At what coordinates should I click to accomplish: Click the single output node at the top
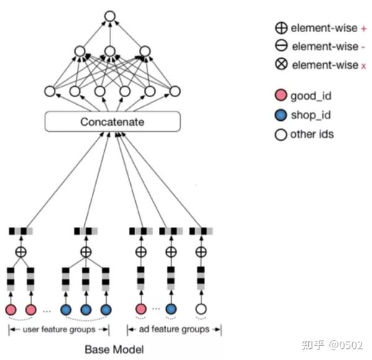pos(110,17)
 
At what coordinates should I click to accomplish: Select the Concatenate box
pos(112,122)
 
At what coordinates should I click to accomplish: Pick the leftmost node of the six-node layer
pos(50,92)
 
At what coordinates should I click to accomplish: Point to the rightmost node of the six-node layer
pos(174,92)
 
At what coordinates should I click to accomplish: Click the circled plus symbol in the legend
pos(281,27)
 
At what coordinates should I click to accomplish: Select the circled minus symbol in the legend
pos(281,46)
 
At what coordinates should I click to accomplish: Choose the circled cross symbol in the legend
pos(281,64)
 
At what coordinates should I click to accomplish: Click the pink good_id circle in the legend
pos(281,96)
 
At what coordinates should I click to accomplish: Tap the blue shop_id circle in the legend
pos(281,115)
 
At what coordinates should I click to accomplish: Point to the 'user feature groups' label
pos(60,329)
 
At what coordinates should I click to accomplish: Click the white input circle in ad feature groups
pos(200,309)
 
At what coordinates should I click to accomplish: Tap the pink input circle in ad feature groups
pos(141,309)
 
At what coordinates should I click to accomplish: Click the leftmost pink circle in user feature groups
pos(11,309)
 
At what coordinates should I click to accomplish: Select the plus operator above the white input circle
pos(200,252)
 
